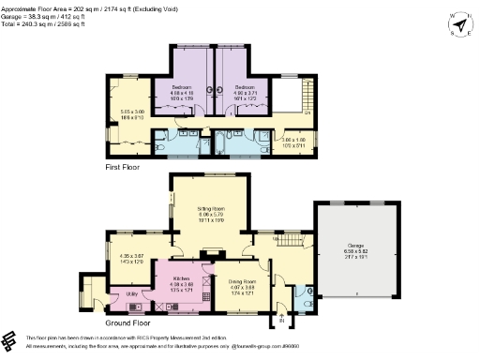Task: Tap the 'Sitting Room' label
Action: tap(208, 209)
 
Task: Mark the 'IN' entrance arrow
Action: tap(279, 321)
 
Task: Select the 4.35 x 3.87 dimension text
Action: tap(131, 258)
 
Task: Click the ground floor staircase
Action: tap(285, 242)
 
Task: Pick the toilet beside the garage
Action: tap(309, 292)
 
